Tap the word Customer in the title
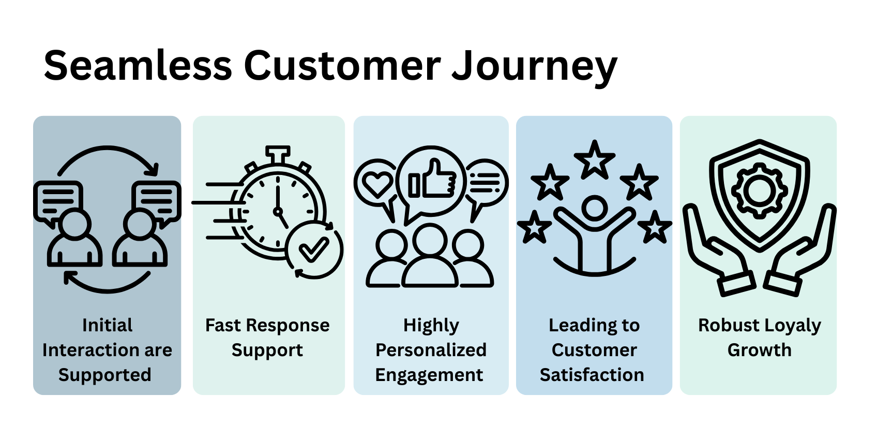pyautogui.click(x=342, y=66)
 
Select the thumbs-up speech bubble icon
pyautogui.click(x=432, y=181)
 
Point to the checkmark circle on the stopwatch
pyautogui.click(x=314, y=250)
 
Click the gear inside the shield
pyautogui.click(x=759, y=190)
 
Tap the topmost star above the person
pyautogui.click(x=595, y=159)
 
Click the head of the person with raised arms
pyautogui.click(x=594, y=208)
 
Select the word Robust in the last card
pyautogui.click(x=729, y=325)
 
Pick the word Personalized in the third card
pyautogui.click(x=431, y=350)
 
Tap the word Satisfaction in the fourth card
pyautogui.click(x=592, y=374)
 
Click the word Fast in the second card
pyautogui.click(x=223, y=325)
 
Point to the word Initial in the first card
pyautogui.click(x=107, y=325)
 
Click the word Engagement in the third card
pyautogui.click(x=429, y=375)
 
